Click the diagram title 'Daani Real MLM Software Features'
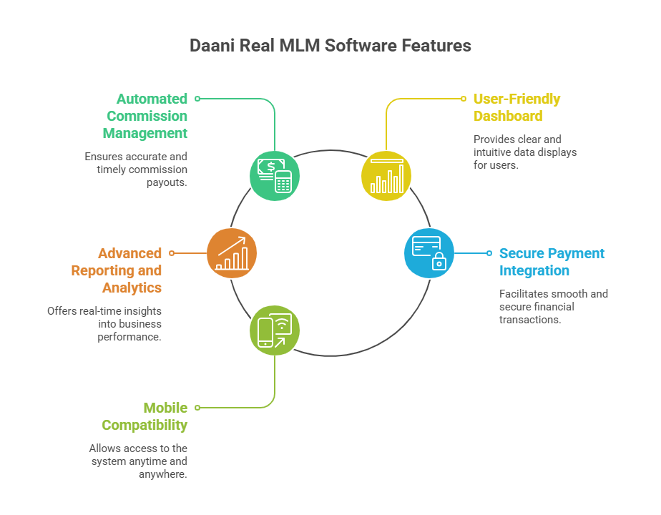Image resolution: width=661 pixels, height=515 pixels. [x=330, y=46]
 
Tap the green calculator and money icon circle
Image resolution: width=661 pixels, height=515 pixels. [x=275, y=175]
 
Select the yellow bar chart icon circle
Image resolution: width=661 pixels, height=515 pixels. [x=386, y=175]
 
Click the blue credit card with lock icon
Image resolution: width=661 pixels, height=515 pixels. [x=429, y=252]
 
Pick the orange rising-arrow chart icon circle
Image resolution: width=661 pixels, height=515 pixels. [x=232, y=252]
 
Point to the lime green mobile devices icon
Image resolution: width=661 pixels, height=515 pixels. [x=275, y=330]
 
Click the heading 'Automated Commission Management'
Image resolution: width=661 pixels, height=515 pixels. [x=145, y=116]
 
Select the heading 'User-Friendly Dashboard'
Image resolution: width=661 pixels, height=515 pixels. [x=516, y=107]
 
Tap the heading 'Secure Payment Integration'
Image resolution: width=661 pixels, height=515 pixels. [x=552, y=262]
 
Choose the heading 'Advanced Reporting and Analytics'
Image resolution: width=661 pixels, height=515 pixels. [x=117, y=270]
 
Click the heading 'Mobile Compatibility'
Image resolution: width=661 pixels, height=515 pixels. [x=145, y=416]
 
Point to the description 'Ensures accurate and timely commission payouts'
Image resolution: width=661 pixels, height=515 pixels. [x=136, y=170]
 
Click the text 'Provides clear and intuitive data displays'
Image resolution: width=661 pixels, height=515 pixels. [x=524, y=152]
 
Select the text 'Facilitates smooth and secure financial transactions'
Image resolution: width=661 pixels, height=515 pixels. [x=553, y=307]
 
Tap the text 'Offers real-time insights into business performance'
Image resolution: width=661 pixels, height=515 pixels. [x=104, y=324]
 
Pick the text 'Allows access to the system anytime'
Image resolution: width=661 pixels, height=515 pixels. [x=138, y=461]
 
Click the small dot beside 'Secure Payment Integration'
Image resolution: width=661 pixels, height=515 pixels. [x=489, y=252]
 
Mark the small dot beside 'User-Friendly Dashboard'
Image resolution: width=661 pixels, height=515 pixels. [x=464, y=99]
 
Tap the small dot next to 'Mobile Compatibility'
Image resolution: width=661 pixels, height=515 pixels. [x=197, y=408]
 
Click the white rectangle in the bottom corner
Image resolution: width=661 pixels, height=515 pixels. [x=597, y=488]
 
